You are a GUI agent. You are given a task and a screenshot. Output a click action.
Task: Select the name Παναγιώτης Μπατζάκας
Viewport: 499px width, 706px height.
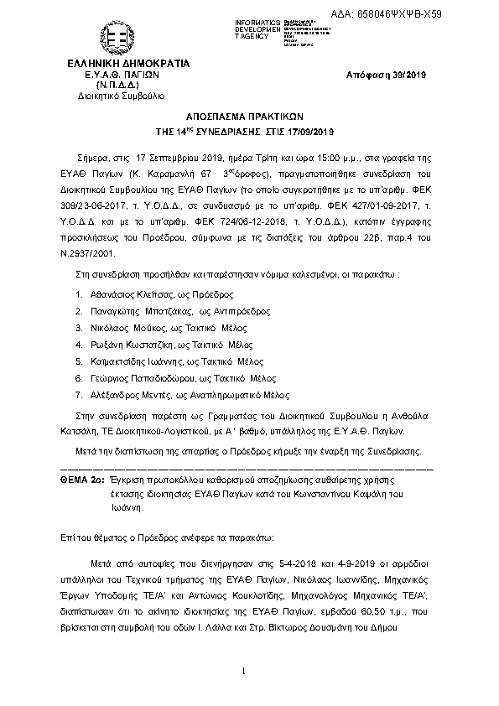coord(138,311)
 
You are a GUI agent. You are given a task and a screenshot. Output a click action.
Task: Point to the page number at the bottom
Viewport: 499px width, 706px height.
coord(242,670)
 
